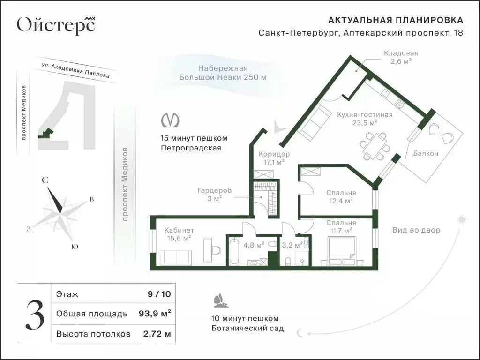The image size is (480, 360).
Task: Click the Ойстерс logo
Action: pos(56,24)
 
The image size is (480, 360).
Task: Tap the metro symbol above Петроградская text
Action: pos(170,120)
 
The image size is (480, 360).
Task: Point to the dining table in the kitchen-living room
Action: pos(375,145)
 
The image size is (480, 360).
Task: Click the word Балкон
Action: pos(426,153)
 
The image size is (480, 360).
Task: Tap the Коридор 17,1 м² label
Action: pos(274,158)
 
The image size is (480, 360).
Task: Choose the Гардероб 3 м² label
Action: pos(214,194)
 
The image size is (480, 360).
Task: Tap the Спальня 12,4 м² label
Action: pos(341,196)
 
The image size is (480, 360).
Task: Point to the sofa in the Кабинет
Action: pos(176,257)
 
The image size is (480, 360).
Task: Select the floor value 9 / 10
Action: pos(159,294)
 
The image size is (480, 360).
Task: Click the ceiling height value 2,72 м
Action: pos(157,334)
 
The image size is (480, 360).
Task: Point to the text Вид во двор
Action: pos(416,230)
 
